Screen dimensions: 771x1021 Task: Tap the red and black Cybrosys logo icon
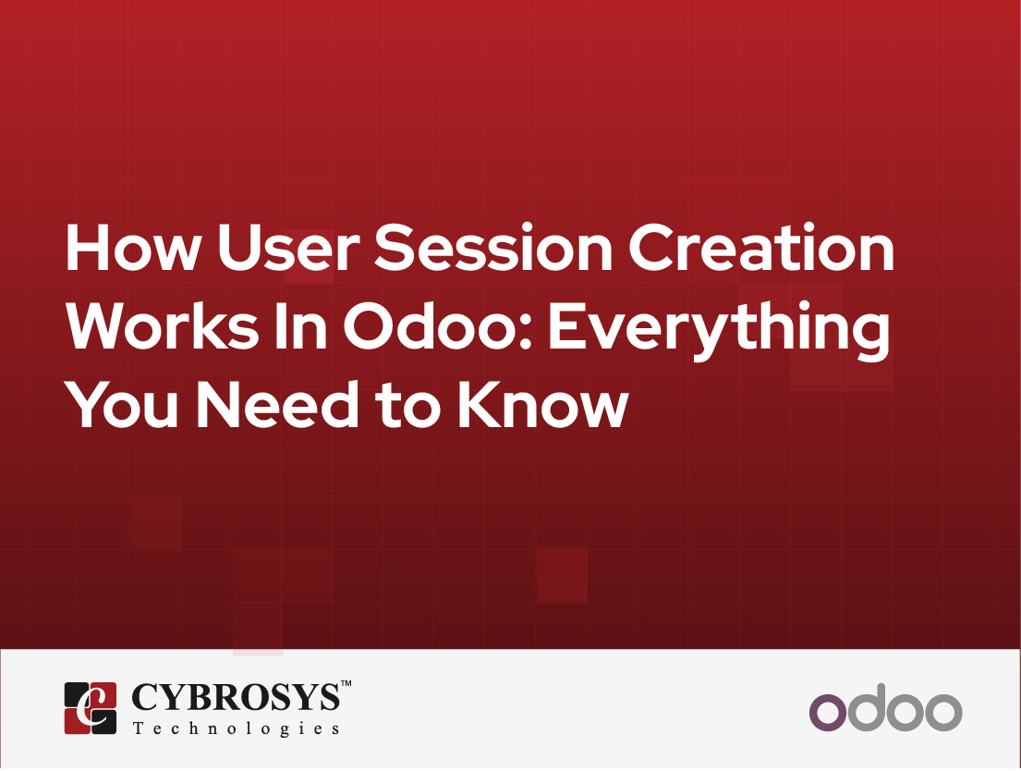click(91, 708)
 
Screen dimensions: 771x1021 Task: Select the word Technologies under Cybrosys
click(237, 728)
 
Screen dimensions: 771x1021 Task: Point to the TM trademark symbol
click(346, 684)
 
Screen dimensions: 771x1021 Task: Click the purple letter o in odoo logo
click(827, 712)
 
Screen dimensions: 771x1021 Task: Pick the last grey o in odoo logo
click(943, 712)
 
